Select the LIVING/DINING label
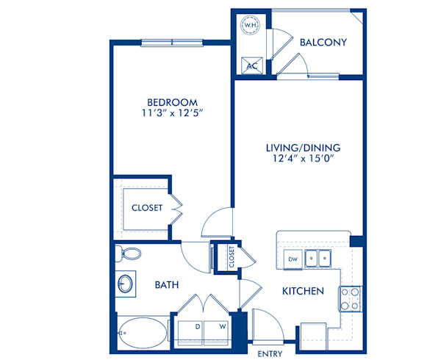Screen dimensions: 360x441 (303, 148)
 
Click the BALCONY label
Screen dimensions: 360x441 (323, 42)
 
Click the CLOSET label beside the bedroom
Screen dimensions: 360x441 (147, 208)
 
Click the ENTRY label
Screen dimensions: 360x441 (270, 354)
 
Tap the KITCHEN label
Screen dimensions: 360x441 (303, 292)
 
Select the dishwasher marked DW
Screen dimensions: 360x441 (292, 259)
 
